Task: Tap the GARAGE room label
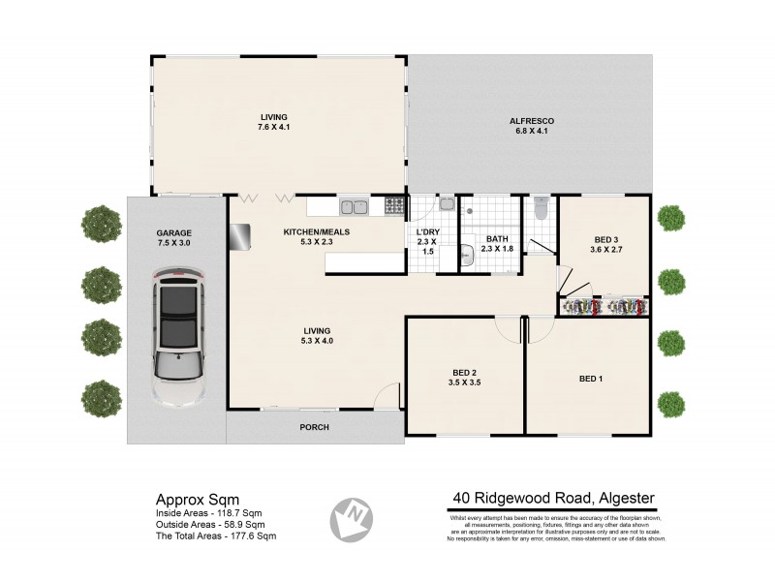coord(175,233)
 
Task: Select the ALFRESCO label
coord(530,121)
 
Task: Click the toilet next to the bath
coord(541,208)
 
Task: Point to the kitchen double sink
coord(354,206)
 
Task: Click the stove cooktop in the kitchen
coord(394,206)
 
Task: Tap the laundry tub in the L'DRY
coord(446,204)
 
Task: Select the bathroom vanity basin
coord(467,255)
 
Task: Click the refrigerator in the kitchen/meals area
coord(239,234)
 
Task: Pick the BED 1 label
coord(591,378)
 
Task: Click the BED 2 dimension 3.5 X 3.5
coord(464,383)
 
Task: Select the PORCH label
coord(314,426)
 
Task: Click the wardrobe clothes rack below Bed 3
coord(604,307)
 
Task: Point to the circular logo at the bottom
coord(353,519)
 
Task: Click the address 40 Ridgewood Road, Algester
coord(553,499)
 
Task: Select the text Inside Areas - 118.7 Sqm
coord(208,513)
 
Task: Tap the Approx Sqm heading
coord(192,499)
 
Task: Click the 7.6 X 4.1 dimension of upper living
coord(274,127)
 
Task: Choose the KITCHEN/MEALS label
coord(316,232)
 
